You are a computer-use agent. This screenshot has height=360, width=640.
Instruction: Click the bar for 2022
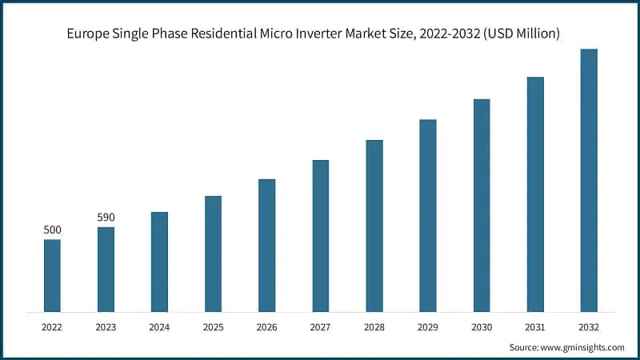[52, 275]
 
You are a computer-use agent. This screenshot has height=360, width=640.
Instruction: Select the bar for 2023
[106, 269]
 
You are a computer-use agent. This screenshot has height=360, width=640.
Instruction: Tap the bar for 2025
[213, 254]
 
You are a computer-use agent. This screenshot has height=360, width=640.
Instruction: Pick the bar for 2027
[320, 235]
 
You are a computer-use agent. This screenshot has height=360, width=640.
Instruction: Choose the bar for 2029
[428, 215]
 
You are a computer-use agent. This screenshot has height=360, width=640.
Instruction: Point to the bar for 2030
[482, 205]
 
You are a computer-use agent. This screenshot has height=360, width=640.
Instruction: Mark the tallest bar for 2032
[589, 180]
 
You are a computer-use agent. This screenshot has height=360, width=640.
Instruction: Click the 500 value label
[52, 230]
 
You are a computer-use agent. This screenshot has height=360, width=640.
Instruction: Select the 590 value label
[106, 218]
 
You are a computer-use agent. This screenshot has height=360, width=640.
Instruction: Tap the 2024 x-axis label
[159, 327]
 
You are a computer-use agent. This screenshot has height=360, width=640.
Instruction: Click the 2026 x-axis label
[266, 327]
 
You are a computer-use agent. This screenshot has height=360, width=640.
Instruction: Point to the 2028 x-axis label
[374, 327]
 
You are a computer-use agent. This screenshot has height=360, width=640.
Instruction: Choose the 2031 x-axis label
[535, 327]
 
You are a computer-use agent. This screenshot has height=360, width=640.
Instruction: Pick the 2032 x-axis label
[589, 327]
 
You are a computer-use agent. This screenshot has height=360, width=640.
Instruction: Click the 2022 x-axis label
[52, 327]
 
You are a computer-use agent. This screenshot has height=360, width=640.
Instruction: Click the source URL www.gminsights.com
[583, 347]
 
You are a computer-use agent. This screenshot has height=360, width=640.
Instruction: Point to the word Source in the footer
[524, 347]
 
